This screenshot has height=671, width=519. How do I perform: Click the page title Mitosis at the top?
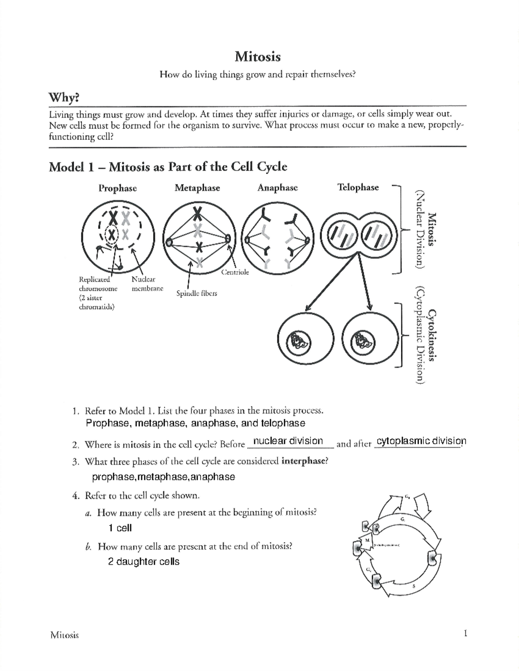(258, 57)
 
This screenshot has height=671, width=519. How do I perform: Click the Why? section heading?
(64, 98)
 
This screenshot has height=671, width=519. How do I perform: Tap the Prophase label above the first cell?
(118, 188)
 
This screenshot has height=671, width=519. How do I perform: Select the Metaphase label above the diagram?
(197, 188)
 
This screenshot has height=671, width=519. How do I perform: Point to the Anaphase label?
(277, 188)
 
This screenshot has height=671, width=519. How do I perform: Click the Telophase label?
(358, 187)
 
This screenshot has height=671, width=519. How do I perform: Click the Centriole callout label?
(235, 272)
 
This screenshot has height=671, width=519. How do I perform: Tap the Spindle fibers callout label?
(196, 293)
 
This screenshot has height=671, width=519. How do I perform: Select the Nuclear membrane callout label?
(147, 284)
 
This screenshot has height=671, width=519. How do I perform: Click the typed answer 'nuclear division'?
(288, 441)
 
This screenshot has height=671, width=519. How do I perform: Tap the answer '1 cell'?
(120, 528)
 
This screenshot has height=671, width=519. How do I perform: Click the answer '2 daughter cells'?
(144, 562)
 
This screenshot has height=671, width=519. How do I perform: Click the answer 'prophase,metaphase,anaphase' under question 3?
(163, 477)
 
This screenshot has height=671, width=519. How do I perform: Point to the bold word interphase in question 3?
(303, 461)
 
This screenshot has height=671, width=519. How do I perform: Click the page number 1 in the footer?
(465, 634)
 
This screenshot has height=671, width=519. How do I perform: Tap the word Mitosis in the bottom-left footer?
(64, 635)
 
